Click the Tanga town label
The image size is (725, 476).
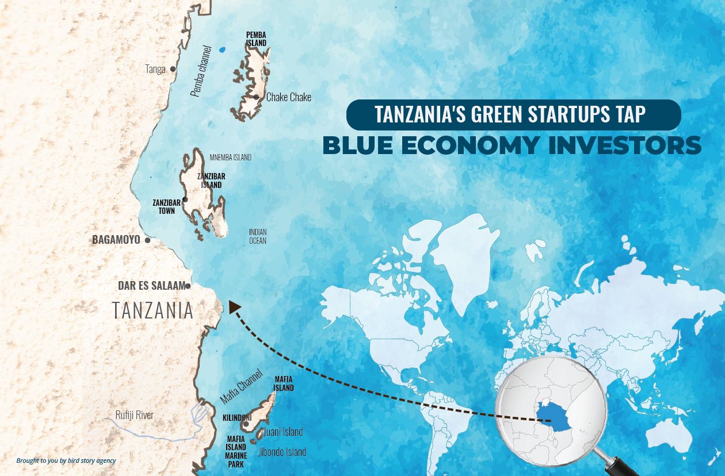tap(155, 69)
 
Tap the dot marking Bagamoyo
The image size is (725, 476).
tap(147, 240)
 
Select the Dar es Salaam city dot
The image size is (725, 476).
tap(188, 286)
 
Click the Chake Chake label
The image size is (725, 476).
tap(288, 97)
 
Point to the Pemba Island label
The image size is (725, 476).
tap(256, 39)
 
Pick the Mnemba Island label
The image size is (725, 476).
tap(230, 158)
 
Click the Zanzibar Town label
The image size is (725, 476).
tap(166, 206)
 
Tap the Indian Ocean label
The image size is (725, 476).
tap(258, 236)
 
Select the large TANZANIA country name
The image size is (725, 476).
tap(152, 310)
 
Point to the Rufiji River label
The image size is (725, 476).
tap(134, 415)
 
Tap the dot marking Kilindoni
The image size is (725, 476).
tap(246, 424)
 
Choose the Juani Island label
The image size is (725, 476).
tap(283, 432)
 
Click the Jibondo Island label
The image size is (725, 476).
tap(282, 452)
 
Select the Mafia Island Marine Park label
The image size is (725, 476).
tap(236, 451)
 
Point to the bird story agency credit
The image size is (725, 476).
tap(66, 460)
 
